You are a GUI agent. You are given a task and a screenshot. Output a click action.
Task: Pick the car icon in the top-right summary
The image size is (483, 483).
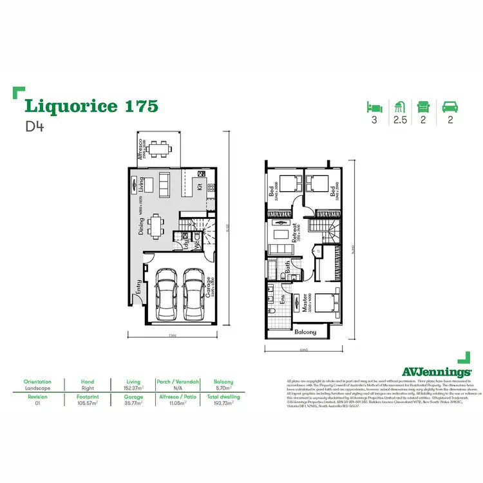pos(450,106)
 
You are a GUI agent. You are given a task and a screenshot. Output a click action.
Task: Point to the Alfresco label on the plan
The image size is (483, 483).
pos(140,147)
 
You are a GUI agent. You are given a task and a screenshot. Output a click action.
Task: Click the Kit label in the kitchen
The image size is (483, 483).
pos(200,187)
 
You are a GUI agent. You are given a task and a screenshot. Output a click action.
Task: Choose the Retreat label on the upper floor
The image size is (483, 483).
pos(293,231)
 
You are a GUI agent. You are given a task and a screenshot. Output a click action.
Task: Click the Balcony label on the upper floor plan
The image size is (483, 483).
pos(305,332)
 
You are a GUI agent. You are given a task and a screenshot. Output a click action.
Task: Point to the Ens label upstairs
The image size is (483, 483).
pos(283,299)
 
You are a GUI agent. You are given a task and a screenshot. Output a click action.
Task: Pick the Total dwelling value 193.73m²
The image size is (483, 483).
pos(224,404)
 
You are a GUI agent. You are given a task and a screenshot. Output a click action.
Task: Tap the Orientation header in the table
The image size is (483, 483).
pos(37,381)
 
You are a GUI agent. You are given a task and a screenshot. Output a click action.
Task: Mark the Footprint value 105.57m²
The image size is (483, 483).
pos(88,404)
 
